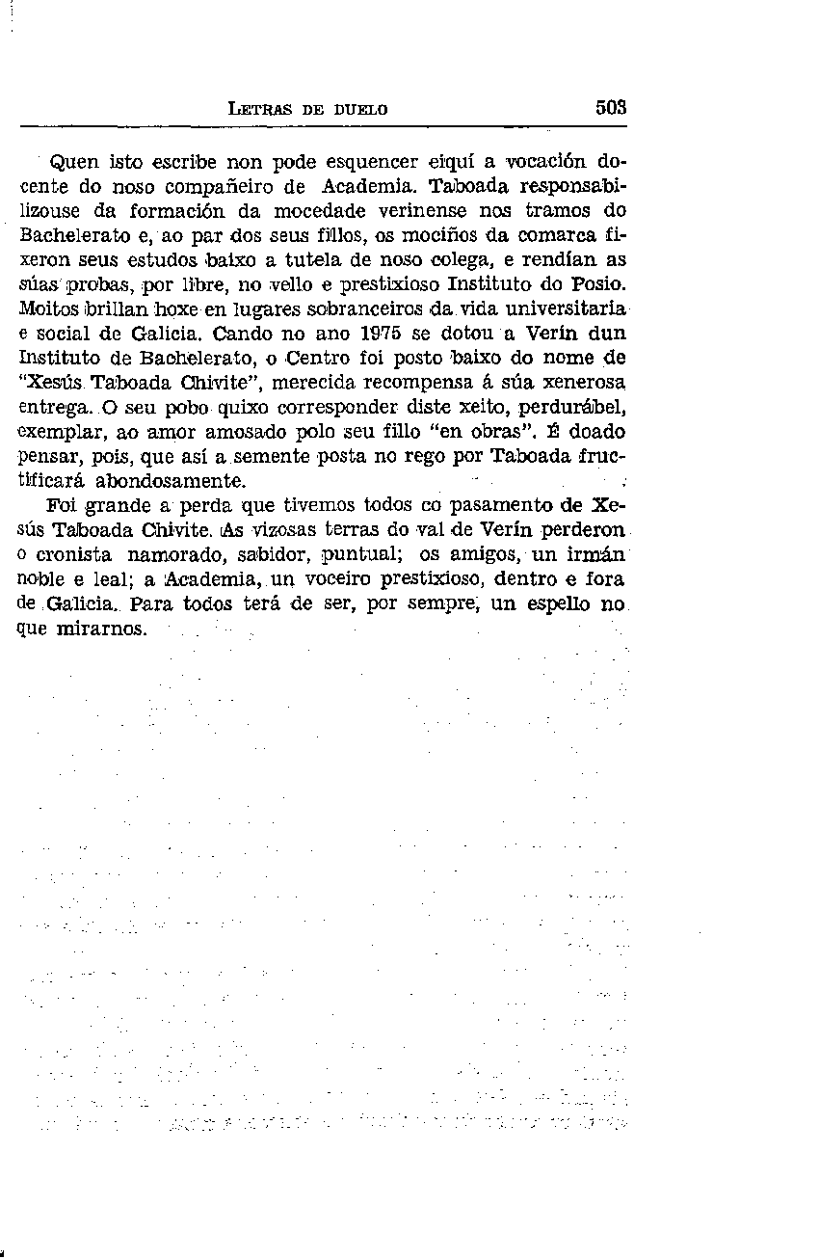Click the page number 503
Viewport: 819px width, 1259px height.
(x=610, y=108)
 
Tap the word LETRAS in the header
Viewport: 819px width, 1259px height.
(x=260, y=110)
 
